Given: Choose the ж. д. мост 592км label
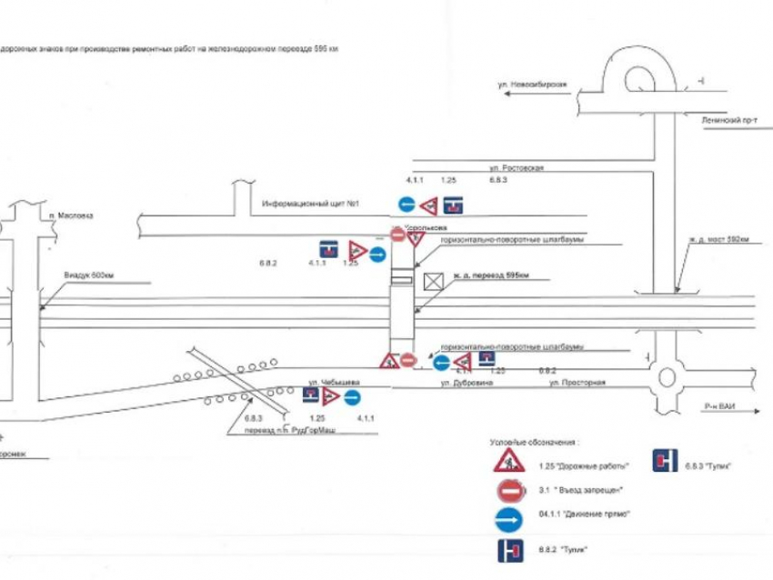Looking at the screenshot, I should pyautogui.click(x=718, y=240).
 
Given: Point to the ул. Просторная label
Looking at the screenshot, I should pyautogui.click(x=577, y=383).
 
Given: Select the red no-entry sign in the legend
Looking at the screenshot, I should pyautogui.click(x=508, y=490).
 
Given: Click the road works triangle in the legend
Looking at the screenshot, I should pyautogui.click(x=508, y=461).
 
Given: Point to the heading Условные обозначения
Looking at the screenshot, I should pyautogui.click(x=533, y=441).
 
